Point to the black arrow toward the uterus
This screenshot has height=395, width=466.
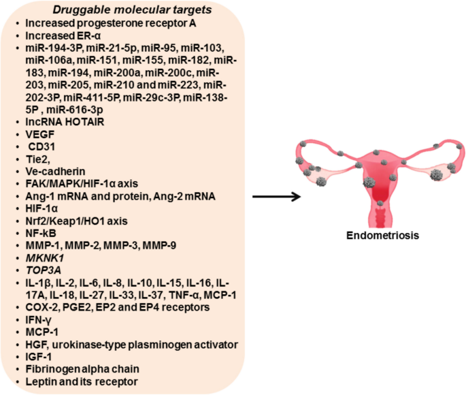[276, 197]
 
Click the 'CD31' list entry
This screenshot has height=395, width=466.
[41, 146]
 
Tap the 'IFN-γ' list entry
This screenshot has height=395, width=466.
[39, 319]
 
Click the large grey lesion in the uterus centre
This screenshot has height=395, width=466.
[370, 182]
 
